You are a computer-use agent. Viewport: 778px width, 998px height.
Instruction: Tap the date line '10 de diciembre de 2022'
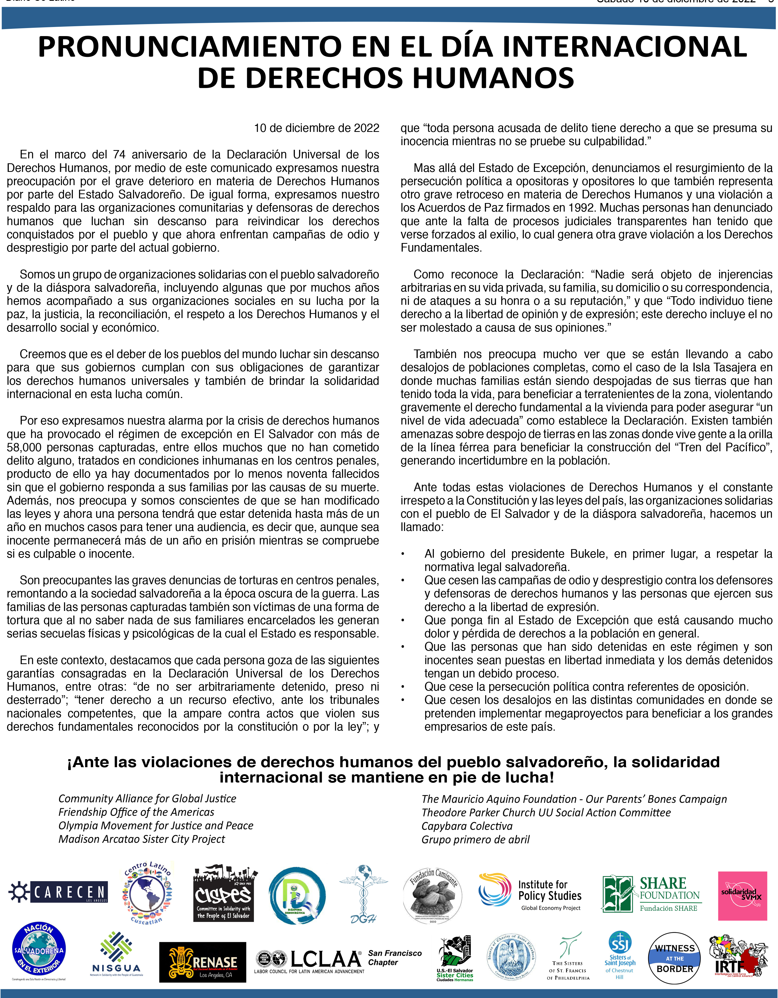coord(316,128)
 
